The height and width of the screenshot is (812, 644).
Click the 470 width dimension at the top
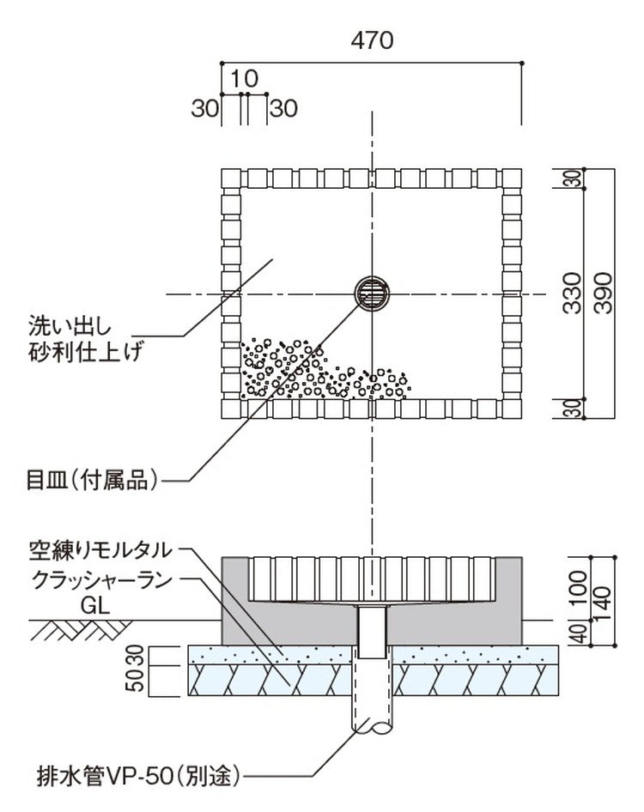tap(372, 40)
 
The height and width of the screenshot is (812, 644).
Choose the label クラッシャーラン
tap(100, 580)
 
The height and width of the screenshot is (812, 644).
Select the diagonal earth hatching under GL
tap(73, 633)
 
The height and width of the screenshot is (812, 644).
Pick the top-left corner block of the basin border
tap(232, 179)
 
